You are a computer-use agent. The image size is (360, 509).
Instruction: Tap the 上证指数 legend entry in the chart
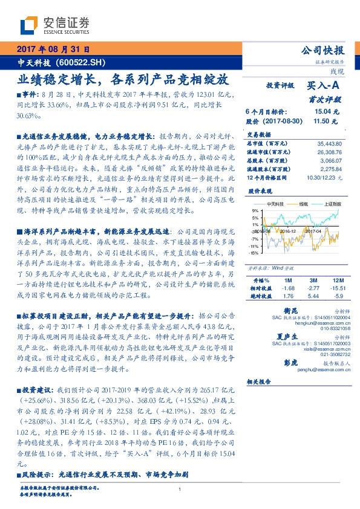(x=332, y=206)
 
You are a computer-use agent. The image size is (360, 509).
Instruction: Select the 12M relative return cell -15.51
(x=336, y=289)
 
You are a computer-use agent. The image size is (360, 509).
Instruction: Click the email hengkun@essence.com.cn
(x=324, y=324)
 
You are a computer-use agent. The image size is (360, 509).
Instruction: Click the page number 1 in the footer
(x=180, y=490)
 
